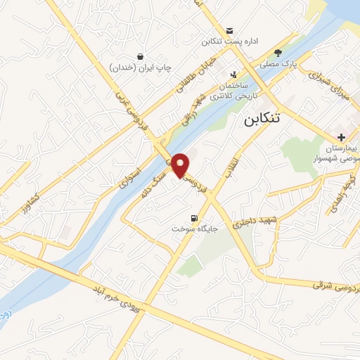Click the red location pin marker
[181, 165]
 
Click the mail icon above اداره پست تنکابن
[230, 30]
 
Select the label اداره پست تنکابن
[231, 41]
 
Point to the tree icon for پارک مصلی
[278, 52]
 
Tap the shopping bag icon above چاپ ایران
[141, 56]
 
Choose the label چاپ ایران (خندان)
[141, 67]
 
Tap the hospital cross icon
[341, 137]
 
